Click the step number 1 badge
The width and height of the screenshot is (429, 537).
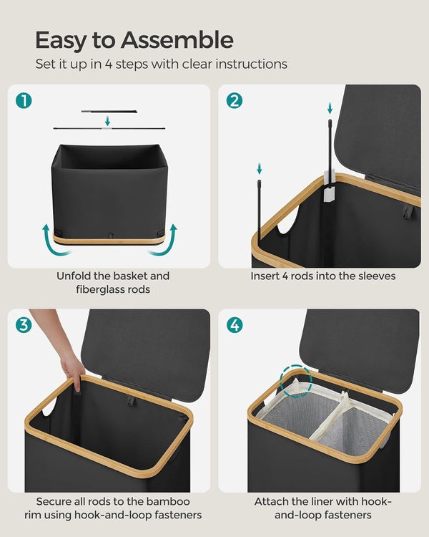[24, 101]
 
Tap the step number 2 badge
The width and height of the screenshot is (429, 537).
[235, 101]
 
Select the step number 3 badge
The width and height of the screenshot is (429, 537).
[24, 325]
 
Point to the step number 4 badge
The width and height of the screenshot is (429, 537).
[235, 325]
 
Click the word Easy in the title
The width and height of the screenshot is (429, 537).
[59, 39]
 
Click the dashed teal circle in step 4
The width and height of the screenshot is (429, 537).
[296, 382]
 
